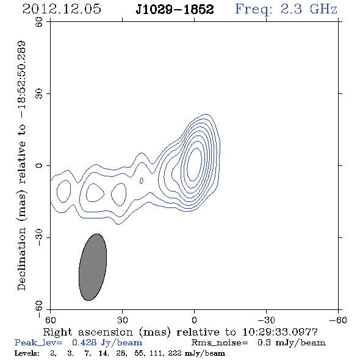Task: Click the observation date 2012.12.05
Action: tap(62, 9)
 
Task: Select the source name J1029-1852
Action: tap(175, 10)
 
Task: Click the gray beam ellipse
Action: tap(93, 267)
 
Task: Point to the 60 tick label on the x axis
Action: tap(50, 320)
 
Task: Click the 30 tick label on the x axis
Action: tap(122, 320)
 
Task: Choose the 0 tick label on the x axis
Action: tap(194, 320)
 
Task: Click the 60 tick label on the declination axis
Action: tap(39, 22)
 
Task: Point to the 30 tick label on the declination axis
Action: tap(39, 94)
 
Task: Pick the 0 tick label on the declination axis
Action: tap(39, 165)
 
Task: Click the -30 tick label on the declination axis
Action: tap(39, 237)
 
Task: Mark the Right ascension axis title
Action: tap(181, 332)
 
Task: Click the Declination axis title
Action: tap(21, 165)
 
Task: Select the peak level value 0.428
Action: tap(84, 342)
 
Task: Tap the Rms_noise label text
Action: tap(220, 343)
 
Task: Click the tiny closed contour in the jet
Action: tap(142, 181)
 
